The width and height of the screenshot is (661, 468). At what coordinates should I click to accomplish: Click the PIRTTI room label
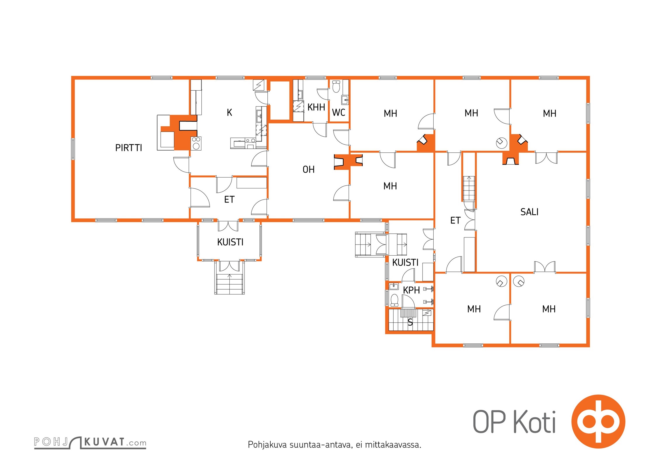[x=129, y=148]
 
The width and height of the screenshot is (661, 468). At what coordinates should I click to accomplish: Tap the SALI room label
[x=529, y=212]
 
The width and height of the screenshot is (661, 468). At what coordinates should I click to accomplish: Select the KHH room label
[x=316, y=107]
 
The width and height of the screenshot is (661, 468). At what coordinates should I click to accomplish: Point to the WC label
[x=338, y=112]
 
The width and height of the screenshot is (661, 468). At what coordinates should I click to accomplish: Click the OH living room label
[x=309, y=169]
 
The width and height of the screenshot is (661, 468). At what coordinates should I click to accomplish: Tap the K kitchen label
[x=229, y=113]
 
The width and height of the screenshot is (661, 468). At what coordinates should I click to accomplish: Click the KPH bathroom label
[x=411, y=290]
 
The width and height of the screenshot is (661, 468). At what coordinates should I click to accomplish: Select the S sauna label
[x=410, y=322]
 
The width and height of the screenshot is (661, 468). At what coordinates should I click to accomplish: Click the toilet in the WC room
[x=336, y=86]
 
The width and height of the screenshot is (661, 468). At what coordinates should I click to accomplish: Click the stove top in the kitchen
[x=196, y=143]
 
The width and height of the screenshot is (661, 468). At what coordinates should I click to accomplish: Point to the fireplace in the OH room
[x=348, y=162]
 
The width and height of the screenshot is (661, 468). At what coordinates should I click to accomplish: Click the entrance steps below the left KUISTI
[x=229, y=283]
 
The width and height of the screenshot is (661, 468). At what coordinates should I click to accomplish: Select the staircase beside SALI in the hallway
[x=469, y=188]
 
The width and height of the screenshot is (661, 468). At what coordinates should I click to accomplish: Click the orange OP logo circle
[x=598, y=421]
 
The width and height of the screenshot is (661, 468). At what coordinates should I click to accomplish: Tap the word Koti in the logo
[x=534, y=421]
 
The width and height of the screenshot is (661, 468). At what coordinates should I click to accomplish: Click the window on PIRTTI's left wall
[x=73, y=149]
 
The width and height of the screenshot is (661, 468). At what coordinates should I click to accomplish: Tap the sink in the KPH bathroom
[x=394, y=286]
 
